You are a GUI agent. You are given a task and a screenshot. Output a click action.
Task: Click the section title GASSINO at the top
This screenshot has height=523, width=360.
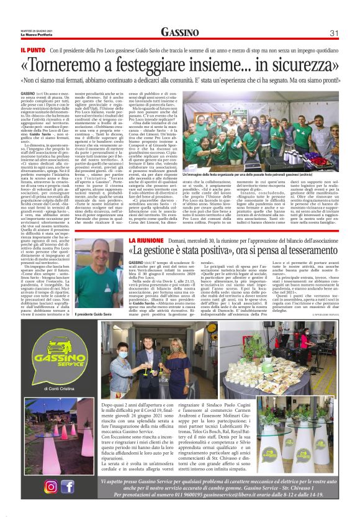click(x=179, y=32)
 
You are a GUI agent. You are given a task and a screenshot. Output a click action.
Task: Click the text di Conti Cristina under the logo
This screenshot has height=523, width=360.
click(x=59, y=389)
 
